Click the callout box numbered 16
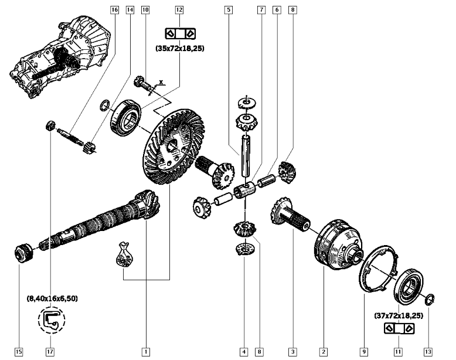click(114, 9)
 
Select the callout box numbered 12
click(179, 9)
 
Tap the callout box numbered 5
click(228, 9)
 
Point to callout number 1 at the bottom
click(145, 352)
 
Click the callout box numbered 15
click(19, 352)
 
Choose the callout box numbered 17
click(52, 352)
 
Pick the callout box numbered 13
click(428, 352)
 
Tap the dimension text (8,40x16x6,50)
click(52, 298)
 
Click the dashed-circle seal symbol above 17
click(52, 320)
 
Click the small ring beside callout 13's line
click(429, 299)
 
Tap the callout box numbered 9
click(364, 352)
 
